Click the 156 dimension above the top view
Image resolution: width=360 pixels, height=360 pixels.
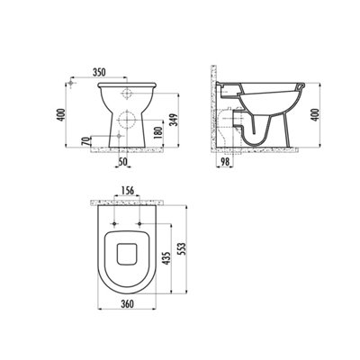click(129, 191)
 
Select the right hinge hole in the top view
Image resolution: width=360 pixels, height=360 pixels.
click(142, 222)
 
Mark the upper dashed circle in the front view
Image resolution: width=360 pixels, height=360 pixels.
click(126, 93)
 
